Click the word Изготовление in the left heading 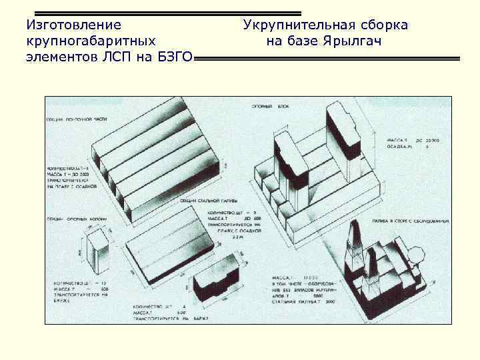tap(73, 25)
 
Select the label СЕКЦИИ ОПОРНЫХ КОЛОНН tap(77, 217)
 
